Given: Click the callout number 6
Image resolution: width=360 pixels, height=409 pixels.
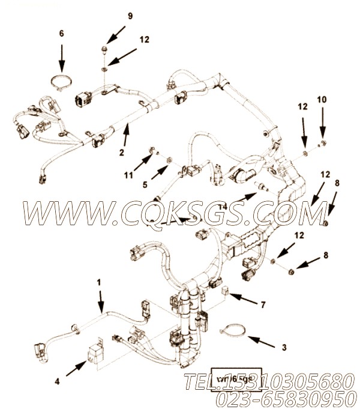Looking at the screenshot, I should coord(61,35).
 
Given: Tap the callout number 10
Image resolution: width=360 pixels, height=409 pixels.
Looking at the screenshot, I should coord(322,99).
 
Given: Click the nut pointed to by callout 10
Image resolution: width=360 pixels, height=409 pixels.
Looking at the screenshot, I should coord(323,143).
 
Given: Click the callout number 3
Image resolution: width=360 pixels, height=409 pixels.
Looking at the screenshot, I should coord(284,347).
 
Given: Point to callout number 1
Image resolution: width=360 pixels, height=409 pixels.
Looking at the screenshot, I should coord(100,281).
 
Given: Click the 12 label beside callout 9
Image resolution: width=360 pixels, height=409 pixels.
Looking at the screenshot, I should coord(144,40).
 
